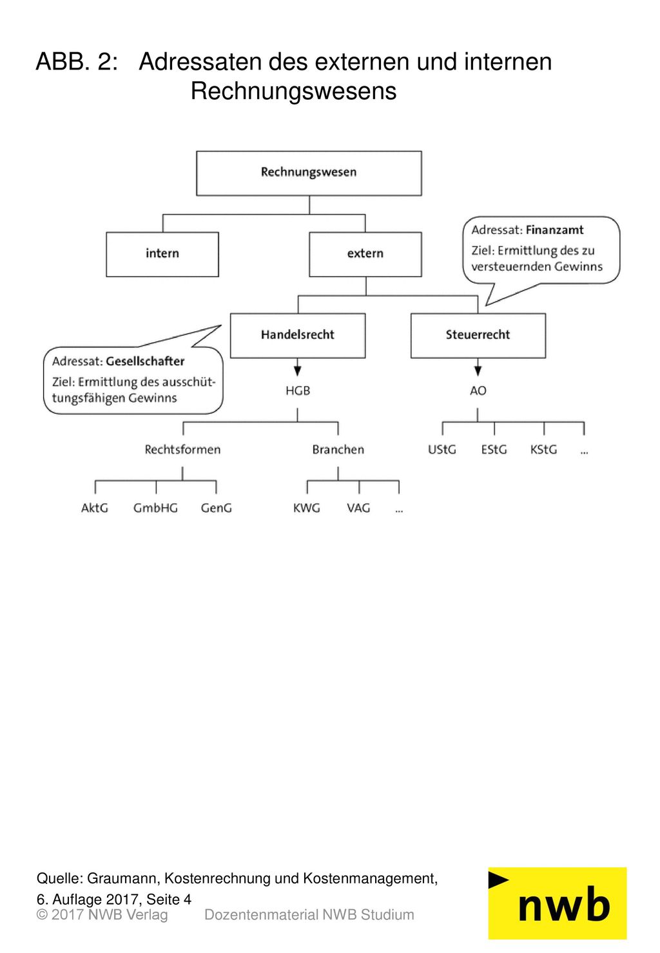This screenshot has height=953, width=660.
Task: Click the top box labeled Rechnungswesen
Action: [309, 173]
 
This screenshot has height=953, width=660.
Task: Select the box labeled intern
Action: [162, 254]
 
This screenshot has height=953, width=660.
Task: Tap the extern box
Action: [365, 254]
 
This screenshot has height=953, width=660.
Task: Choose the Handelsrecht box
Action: [297, 335]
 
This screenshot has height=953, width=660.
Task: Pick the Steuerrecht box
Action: [478, 335]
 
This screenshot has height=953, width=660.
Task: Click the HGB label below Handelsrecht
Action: [297, 390]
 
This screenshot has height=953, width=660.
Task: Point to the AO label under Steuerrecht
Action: [478, 390]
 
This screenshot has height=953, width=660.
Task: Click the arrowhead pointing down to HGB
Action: [297, 371]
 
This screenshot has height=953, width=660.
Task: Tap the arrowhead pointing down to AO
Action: [478, 371]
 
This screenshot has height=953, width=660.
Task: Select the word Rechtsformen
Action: [182, 449]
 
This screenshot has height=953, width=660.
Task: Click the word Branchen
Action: [338, 449]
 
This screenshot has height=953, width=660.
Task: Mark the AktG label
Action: [95, 508]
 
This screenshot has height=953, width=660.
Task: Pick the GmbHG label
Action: [155, 508]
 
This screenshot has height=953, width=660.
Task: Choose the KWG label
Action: [306, 508]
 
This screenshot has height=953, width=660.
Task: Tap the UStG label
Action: [442, 449]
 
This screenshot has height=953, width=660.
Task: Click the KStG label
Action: [543, 449]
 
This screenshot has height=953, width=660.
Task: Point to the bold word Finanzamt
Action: [554, 230]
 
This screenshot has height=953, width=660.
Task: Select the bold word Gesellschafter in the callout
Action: [145, 361]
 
